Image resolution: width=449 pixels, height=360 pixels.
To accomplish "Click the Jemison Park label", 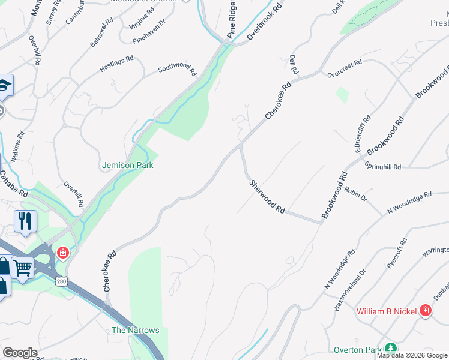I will pos(128,165).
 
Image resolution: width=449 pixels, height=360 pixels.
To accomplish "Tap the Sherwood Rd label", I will pos(267,196).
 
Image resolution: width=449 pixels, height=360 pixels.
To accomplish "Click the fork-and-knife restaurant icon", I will pos(25,221).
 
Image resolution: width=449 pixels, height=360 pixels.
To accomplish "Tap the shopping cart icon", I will pos(23,268).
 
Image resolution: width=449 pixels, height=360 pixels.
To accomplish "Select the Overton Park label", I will pos(358,349).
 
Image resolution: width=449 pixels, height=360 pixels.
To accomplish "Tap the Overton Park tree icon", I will pos(391,348).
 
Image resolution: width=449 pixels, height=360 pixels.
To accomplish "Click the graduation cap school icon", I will pos(4,85).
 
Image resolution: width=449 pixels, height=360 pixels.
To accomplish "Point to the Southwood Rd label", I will pos(177,70).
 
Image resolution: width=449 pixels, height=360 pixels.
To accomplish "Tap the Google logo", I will pos(20,353).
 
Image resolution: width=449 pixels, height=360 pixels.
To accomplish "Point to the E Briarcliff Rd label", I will pos(361,136).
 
